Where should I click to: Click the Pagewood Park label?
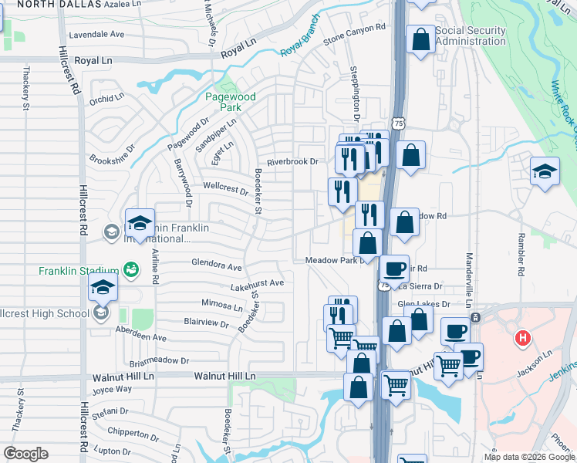click(231, 103)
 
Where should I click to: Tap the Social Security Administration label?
click(471, 36)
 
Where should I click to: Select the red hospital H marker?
click(523, 338)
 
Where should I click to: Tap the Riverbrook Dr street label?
click(292, 162)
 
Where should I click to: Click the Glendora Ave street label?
click(217, 265)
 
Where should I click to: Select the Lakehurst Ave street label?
click(257, 285)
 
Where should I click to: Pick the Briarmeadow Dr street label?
click(160, 360)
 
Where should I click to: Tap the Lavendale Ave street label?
click(96, 35)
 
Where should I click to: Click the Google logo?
click(25, 454)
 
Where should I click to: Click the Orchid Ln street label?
click(106, 99)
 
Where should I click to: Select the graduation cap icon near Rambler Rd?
click(545, 172)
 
